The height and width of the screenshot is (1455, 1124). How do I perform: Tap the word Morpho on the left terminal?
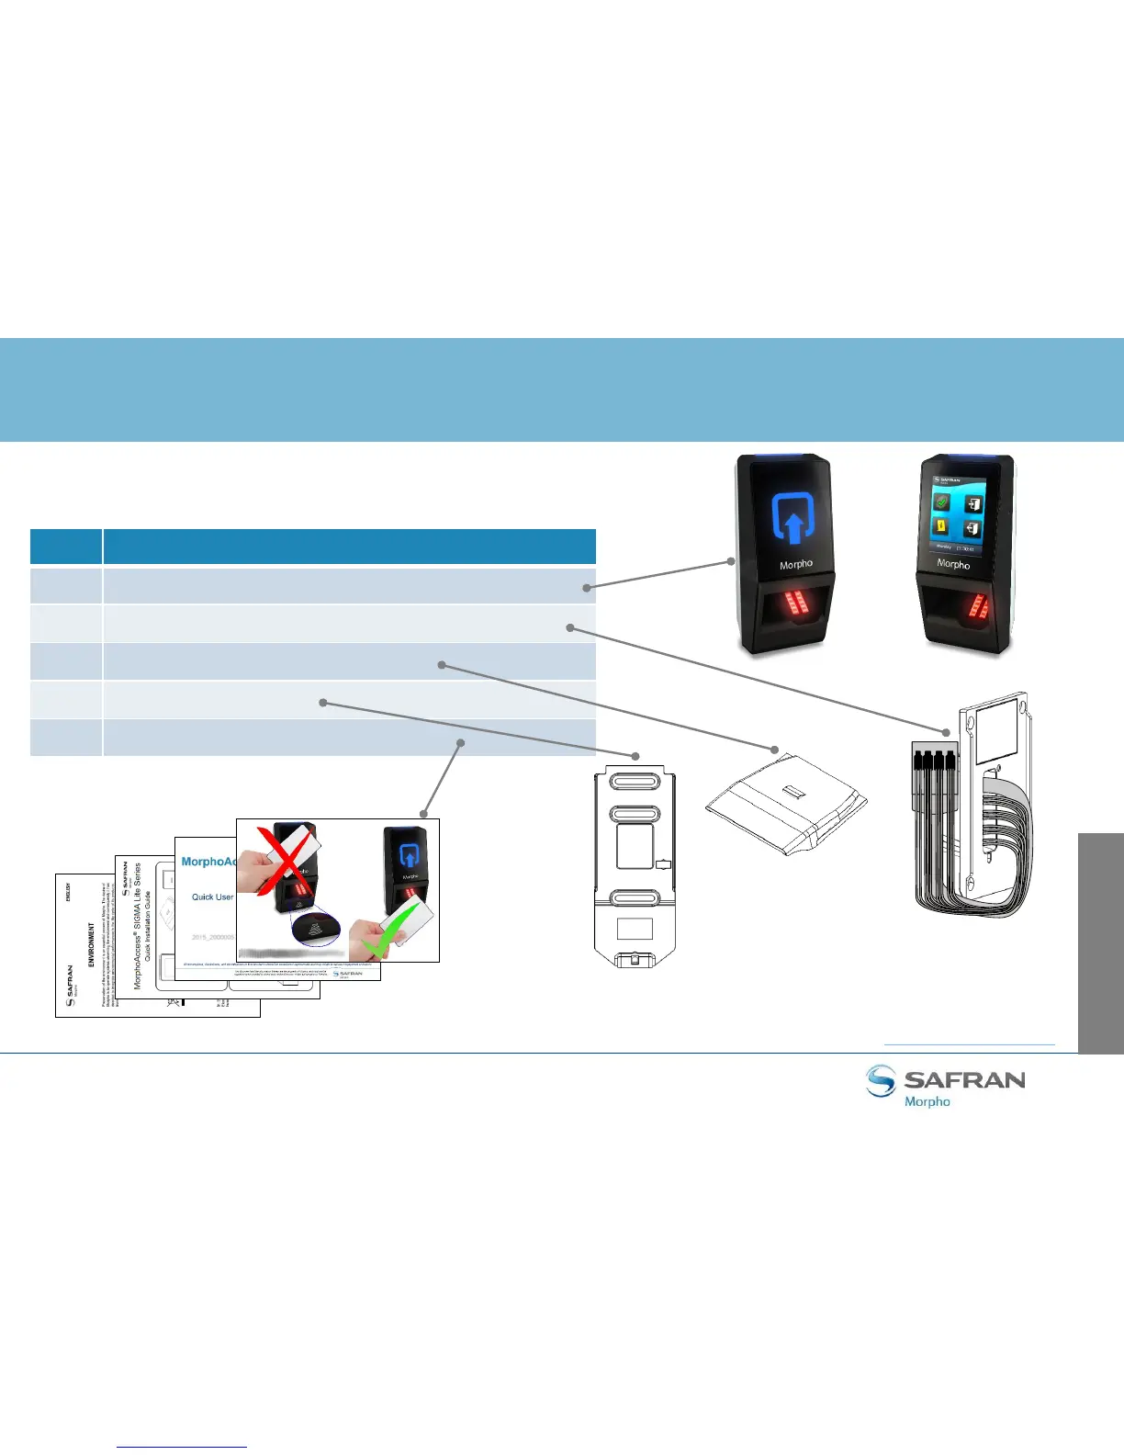click(x=796, y=564)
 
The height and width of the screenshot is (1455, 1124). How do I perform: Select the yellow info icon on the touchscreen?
click(x=940, y=526)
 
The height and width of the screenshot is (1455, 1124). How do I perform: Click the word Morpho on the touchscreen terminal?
click(x=953, y=564)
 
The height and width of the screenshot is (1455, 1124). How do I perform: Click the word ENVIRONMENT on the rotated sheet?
click(x=91, y=945)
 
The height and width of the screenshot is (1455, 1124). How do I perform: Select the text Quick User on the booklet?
click(x=212, y=897)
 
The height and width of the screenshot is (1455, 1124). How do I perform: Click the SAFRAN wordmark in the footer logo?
click(x=964, y=1079)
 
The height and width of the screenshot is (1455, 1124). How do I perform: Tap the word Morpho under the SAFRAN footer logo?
click(x=927, y=1101)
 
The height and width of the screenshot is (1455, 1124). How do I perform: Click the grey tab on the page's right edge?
click(x=1100, y=942)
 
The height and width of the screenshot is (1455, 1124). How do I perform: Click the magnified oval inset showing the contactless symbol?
click(x=315, y=930)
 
